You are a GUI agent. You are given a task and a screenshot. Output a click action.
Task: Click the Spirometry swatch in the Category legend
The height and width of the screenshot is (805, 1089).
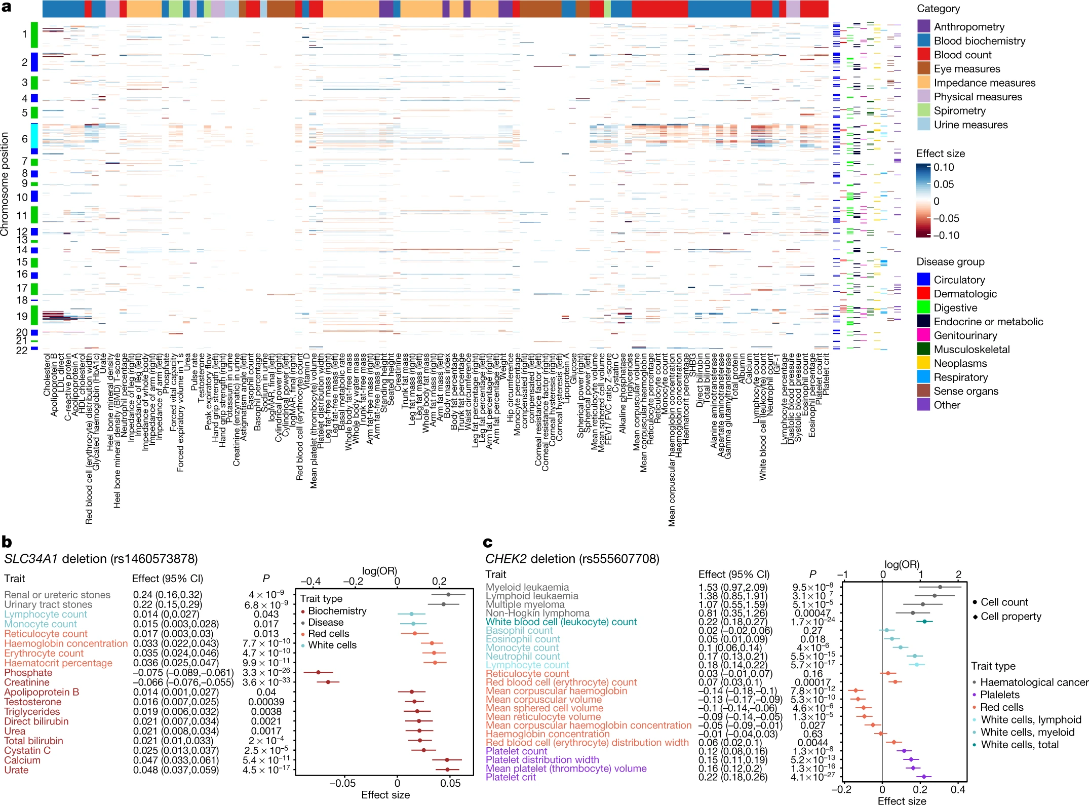[x=923, y=110]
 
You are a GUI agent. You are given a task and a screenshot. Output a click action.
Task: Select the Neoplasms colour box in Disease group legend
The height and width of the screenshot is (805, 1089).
[x=923, y=363]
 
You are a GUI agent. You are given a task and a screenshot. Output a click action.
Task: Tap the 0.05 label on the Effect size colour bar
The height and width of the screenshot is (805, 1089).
[x=944, y=184]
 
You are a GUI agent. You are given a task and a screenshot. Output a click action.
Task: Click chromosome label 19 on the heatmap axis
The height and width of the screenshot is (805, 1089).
[x=21, y=316]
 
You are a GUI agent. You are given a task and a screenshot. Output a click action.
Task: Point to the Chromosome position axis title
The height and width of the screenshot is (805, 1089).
[x=5, y=184]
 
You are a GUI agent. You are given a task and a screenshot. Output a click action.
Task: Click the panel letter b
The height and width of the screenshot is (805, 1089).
[x=7, y=542]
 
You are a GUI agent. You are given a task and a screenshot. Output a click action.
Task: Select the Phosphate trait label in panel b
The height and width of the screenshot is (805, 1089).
[x=28, y=672]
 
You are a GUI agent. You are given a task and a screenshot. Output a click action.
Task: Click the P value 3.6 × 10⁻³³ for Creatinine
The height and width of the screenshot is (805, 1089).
[x=266, y=682]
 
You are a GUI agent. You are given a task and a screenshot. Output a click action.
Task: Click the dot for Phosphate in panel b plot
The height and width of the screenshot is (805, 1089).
[x=318, y=672]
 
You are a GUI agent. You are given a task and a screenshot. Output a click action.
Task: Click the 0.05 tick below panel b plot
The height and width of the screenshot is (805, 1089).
[x=450, y=783]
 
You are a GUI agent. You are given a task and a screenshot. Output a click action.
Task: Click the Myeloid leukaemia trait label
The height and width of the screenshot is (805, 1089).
[x=527, y=587]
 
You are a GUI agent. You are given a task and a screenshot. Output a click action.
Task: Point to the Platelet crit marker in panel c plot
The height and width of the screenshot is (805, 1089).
[x=924, y=776]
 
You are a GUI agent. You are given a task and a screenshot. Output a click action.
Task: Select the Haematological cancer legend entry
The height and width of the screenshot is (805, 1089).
[x=1034, y=682]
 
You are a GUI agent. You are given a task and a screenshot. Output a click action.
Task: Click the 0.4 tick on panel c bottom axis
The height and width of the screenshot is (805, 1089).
[x=957, y=789]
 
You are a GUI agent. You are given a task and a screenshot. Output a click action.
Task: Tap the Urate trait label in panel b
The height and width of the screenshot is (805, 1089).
[x=16, y=770]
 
